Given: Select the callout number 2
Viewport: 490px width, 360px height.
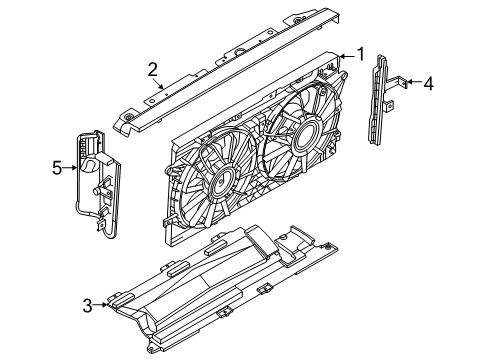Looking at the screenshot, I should (x=153, y=69).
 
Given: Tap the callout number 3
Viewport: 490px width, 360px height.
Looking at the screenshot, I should (x=88, y=306).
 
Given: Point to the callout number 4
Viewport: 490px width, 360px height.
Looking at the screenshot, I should (x=428, y=84).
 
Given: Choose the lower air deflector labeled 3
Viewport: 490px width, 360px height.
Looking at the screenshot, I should (x=220, y=290).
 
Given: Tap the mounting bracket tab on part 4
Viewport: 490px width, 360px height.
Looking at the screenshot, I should (x=397, y=87).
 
